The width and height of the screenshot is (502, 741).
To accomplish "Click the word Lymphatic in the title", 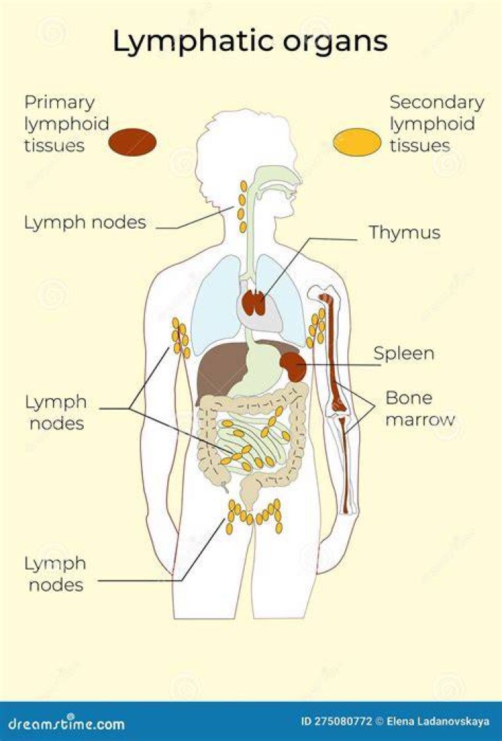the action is point(193,41).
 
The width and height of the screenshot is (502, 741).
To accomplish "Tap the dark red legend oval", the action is point(132,142).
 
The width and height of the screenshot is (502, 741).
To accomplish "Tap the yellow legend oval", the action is point(357,142).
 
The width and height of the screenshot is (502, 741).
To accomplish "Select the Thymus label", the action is point(404,232).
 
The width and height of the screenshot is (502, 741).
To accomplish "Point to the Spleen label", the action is point(404,353).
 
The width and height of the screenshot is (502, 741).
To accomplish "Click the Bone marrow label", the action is point(420,408).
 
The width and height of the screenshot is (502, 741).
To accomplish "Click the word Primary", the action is point(59,102).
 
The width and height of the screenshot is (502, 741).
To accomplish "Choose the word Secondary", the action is point(436,102).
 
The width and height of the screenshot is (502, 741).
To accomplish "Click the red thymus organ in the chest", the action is point(254,303).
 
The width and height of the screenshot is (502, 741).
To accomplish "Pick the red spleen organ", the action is point(294,365).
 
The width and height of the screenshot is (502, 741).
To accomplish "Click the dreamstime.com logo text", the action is point(67,723).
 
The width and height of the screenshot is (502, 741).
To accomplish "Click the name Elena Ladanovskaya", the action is point(438,721).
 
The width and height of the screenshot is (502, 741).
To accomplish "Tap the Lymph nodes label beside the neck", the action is point(85,222).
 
